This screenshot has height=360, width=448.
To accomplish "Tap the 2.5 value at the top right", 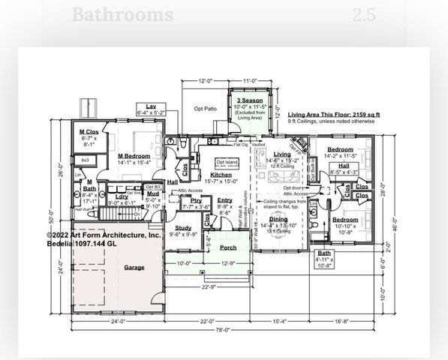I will pyautogui.click(x=365, y=14).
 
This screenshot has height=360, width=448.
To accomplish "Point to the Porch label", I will pyautogui.click(x=228, y=247).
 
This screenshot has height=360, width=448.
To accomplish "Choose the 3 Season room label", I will pyautogui.click(x=249, y=100).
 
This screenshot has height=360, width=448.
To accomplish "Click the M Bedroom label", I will pyautogui.click(x=135, y=156).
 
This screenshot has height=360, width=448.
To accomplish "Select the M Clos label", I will pyautogui.click(x=90, y=132).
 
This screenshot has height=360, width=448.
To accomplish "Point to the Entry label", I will pyautogui.click(x=225, y=200).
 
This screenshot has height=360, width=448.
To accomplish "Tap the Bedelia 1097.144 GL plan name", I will pyautogui.click(x=81, y=244).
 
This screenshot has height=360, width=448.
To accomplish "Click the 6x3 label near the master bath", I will pyautogui.click(x=85, y=160).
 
